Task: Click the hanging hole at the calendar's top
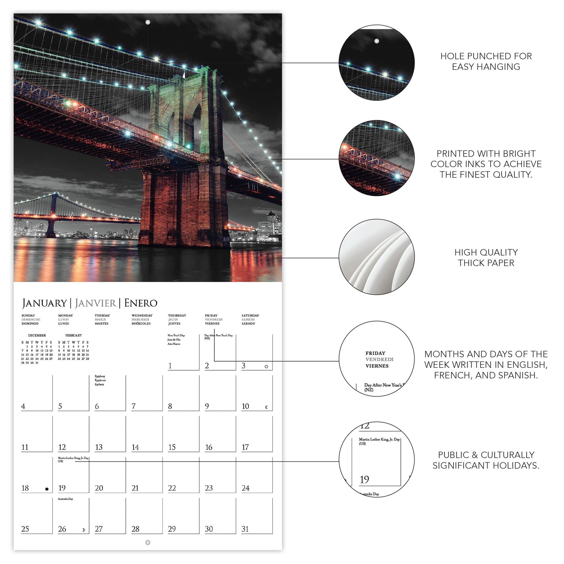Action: [148, 22]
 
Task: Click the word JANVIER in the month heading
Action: [96, 303]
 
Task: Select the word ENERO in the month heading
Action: [141, 303]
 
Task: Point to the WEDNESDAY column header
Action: [142, 315]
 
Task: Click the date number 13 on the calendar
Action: [99, 447]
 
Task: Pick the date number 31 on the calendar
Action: [245, 529]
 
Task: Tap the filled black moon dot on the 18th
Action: [47, 489]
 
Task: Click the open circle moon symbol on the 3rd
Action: [266, 367]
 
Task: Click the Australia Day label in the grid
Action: [65, 499]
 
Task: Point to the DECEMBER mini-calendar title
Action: [37, 335]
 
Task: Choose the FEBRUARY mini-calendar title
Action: [74, 335]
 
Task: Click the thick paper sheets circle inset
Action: [376, 257]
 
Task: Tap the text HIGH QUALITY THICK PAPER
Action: [486, 257]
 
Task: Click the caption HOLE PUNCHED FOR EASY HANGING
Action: [486, 61]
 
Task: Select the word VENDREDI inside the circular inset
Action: [379, 359]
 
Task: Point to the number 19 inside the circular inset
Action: [364, 479]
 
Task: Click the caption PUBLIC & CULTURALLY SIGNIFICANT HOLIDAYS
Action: [486, 460]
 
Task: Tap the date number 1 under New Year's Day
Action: [170, 365]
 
